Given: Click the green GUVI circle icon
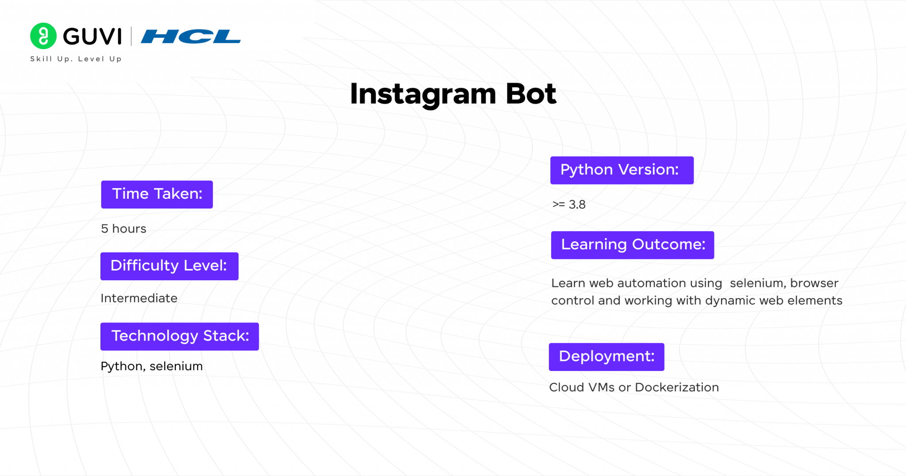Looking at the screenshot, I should [43, 36].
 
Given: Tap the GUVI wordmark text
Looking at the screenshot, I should [92, 36].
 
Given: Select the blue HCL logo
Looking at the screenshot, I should [191, 36].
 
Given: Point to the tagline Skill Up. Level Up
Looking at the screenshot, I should [76, 59].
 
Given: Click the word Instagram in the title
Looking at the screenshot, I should [423, 94].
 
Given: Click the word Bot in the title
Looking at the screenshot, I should [530, 94].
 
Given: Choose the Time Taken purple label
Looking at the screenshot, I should [157, 194].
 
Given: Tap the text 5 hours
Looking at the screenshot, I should [123, 228].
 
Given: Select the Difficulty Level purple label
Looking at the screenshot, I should [169, 266].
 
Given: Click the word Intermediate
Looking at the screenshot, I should [139, 298].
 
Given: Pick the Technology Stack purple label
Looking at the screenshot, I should [180, 337].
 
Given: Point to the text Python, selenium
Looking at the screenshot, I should [152, 366].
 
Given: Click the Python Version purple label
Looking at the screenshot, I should [622, 170].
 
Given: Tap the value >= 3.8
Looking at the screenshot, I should [569, 205].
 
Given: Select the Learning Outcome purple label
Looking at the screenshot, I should [632, 245].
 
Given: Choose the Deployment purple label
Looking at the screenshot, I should [607, 357].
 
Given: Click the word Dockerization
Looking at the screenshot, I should [677, 387].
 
